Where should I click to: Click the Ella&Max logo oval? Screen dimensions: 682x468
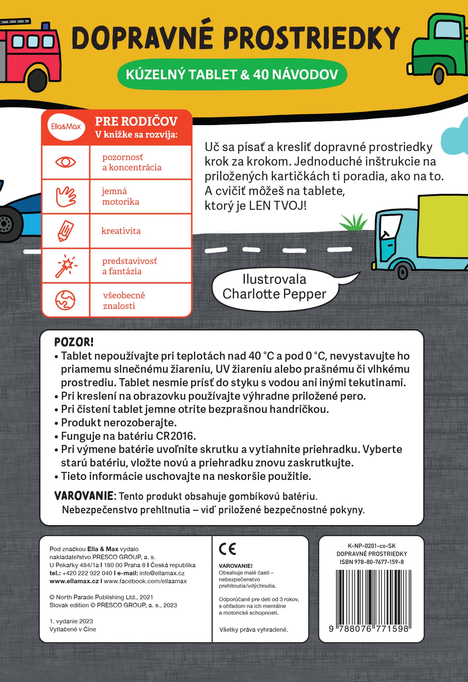click(x=66, y=126)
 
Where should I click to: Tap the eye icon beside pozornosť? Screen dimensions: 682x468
click(x=66, y=162)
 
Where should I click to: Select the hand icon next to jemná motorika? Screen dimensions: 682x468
click(x=66, y=196)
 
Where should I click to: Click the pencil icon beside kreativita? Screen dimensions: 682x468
click(x=66, y=231)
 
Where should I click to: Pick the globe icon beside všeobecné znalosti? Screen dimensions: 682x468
click(x=65, y=300)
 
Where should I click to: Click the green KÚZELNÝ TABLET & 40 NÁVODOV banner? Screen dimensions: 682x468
click(x=232, y=75)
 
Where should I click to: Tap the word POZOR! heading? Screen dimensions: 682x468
click(x=74, y=342)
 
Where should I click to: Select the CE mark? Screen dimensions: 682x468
click(x=228, y=549)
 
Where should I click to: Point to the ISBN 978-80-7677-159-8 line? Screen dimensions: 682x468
click(x=371, y=562)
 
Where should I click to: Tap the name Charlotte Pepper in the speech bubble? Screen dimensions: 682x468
click(x=274, y=294)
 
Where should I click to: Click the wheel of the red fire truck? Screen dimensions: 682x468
click(x=38, y=80)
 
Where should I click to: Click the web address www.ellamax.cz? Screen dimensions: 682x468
click(x=74, y=581)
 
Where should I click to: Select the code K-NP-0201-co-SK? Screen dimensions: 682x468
click(x=371, y=546)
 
